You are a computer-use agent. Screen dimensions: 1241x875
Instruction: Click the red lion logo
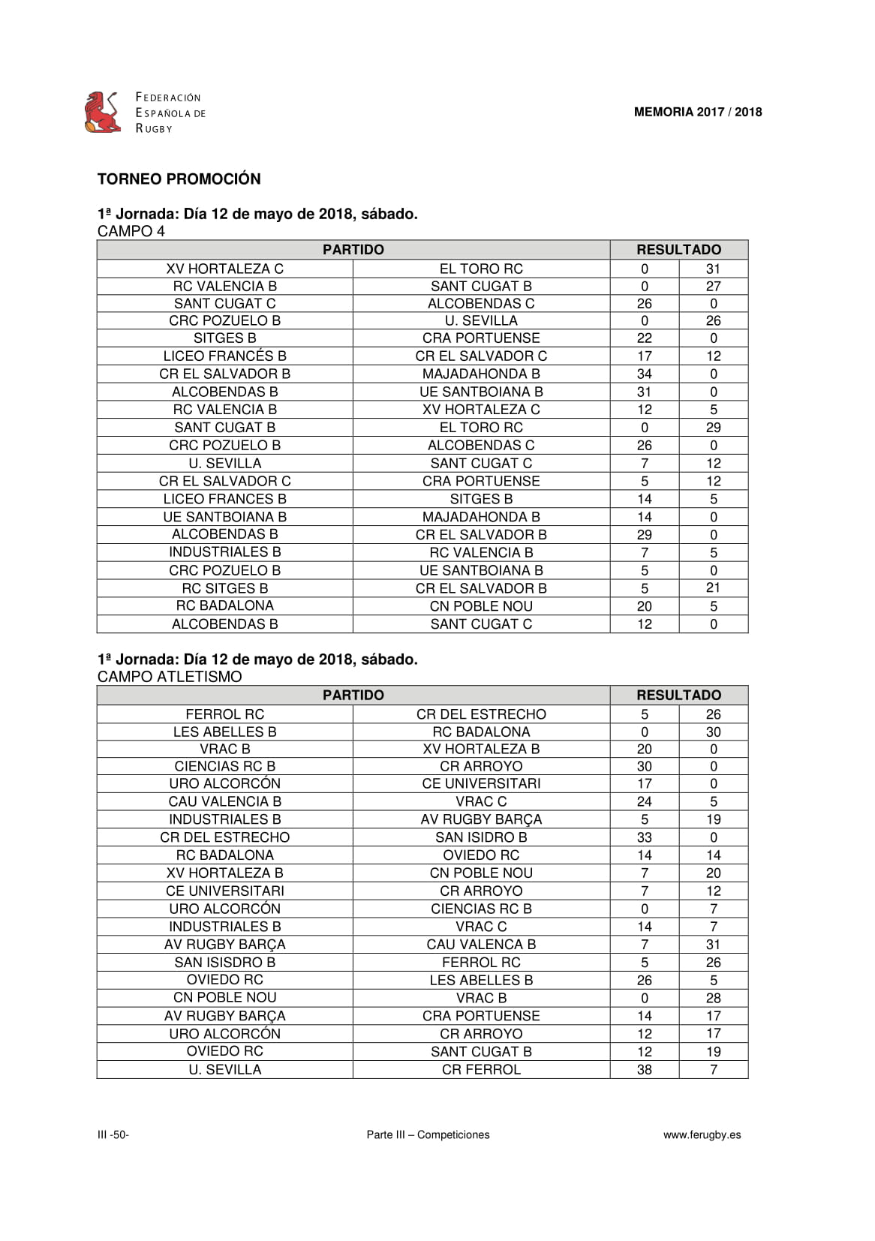(x=103, y=113)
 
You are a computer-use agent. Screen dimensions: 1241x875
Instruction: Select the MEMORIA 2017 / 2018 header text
(x=697, y=113)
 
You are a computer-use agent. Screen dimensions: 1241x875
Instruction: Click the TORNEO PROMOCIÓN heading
(x=179, y=179)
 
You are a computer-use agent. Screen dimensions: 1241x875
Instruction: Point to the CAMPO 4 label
(x=131, y=231)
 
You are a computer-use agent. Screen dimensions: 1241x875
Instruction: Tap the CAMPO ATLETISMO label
(x=170, y=677)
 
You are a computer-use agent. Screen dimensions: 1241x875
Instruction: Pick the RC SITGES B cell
(x=224, y=588)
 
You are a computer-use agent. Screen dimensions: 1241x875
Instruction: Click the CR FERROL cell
(x=481, y=1069)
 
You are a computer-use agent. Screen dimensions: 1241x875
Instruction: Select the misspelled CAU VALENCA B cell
(x=481, y=945)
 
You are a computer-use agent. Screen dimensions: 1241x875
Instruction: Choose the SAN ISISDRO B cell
(x=224, y=963)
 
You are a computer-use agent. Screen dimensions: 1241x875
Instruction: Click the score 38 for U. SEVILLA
(x=644, y=1069)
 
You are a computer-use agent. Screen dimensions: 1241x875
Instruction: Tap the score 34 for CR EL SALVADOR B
(x=644, y=374)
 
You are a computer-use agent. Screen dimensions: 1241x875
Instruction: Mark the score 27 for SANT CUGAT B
(x=713, y=286)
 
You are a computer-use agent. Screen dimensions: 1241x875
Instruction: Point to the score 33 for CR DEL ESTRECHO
(x=644, y=837)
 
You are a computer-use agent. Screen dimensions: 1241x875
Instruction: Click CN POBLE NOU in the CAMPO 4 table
(x=481, y=606)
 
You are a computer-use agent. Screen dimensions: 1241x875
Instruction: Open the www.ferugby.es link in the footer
(x=702, y=1134)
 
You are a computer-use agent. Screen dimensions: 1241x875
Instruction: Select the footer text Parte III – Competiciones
(x=428, y=1134)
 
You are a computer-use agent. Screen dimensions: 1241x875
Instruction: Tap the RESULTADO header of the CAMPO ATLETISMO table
(x=678, y=695)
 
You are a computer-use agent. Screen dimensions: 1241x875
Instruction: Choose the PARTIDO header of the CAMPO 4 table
(x=353, y=250)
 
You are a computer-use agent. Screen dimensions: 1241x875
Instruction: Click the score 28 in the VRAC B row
(x=713, y=998)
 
